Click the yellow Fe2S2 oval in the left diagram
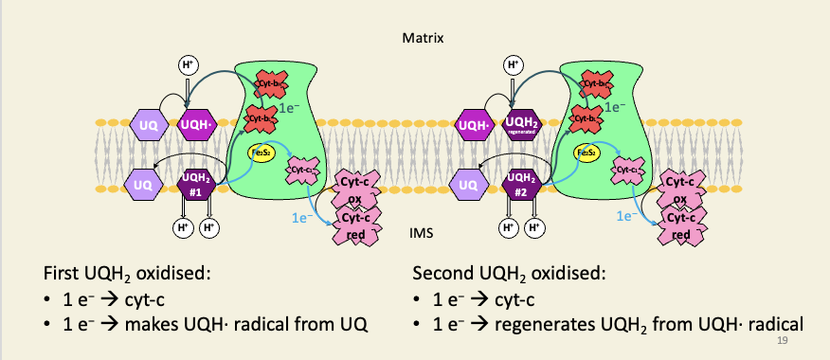coord(261,152)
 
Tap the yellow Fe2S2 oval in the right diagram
coord(588,152)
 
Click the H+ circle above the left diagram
coord(189,65)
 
